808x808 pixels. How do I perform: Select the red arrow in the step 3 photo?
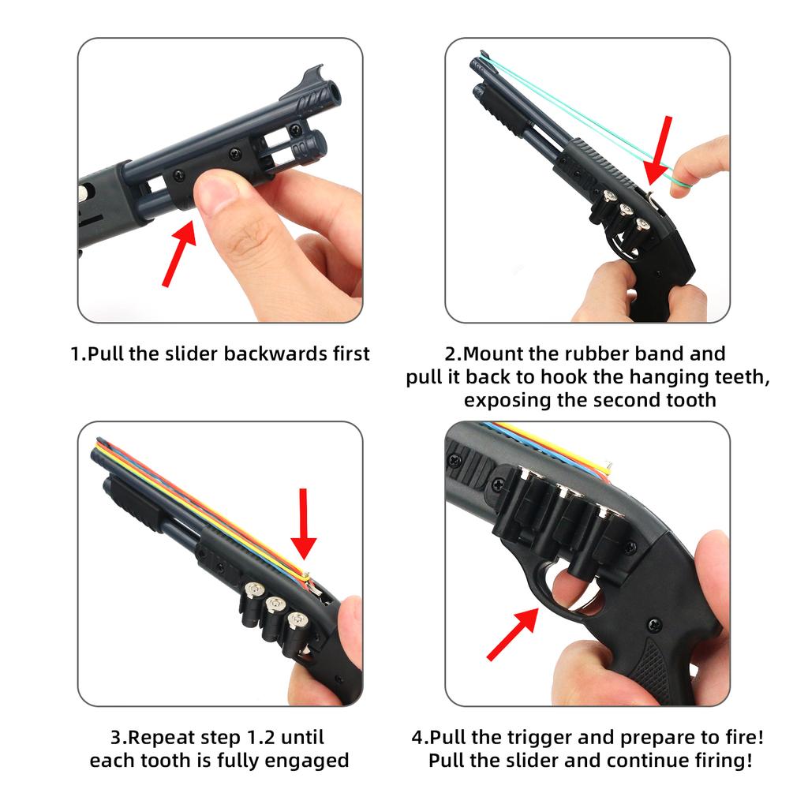pos(303,524)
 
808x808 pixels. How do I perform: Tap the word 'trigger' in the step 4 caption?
pos(539,739)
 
